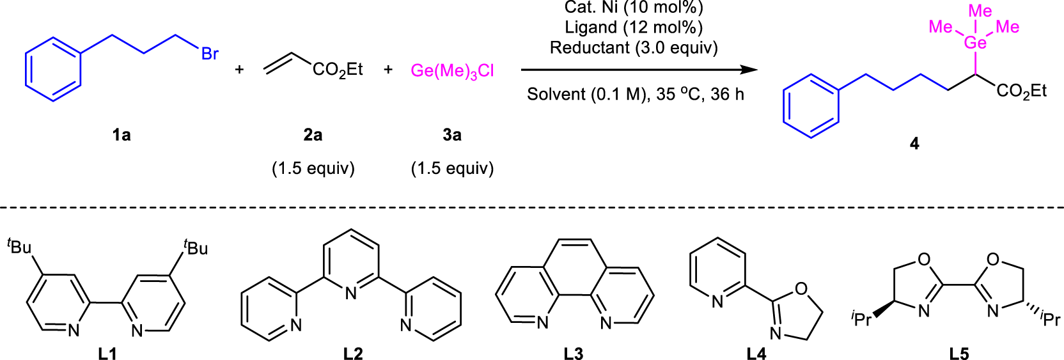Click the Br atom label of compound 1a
coord(210,54)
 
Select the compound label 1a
coord(121,135)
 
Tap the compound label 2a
coord(313,135)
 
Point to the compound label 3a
coord(452,135)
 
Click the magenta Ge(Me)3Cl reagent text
coord(452,71)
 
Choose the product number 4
coord(914,144)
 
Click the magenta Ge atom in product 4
coord(975,43)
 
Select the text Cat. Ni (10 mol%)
coord(634,8)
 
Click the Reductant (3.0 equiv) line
coord(634,48)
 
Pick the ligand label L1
coord(107,353)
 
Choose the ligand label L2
coord(353,353)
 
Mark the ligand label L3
coord(574,353)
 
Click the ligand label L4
coord(756,353)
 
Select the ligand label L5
coord(959,353)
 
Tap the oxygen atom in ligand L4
coord(801,289)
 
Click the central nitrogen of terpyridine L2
coord(350,293)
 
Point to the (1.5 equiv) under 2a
coord(313,168)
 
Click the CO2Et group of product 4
coord(1021,91)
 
